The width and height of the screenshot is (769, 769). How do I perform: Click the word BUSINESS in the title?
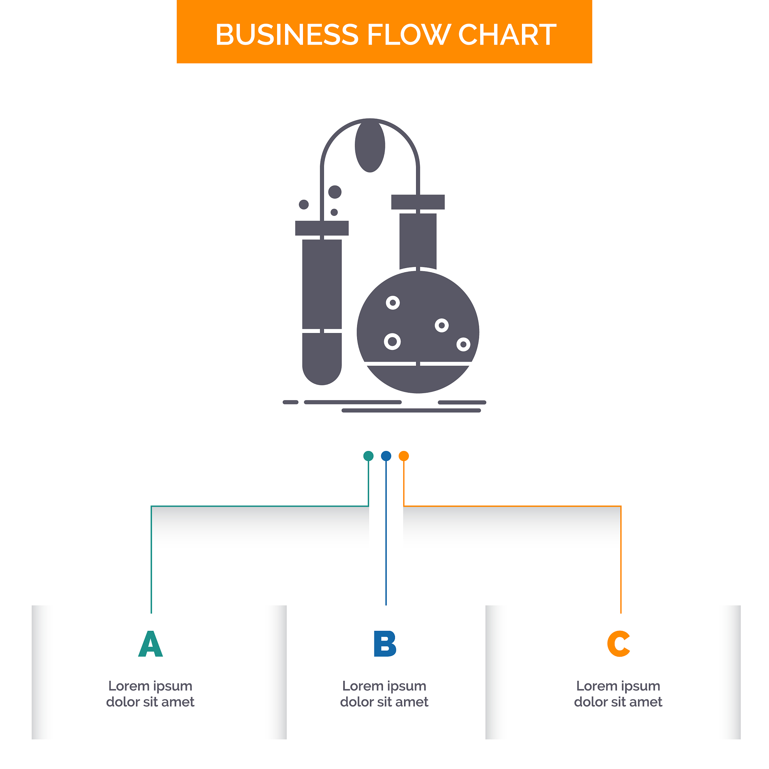pyautogui.click(x=286, y=35)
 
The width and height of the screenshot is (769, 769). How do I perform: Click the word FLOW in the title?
pyautogui.click(x=409, y=35)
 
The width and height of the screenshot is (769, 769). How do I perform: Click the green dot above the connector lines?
pyautogui.click(x=369, y=456)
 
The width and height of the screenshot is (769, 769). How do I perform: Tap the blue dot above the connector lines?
pyautogui.click(x=386, y=456)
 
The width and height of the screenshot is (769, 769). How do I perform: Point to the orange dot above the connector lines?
pyautogui.click(x=404, y=456)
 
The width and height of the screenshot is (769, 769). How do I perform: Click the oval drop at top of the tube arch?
pyautogui.click(x=370, y=146)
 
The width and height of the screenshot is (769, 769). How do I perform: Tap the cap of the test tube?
pyautogui.click(x=322, y=228)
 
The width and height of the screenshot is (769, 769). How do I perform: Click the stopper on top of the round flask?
pyautogui.click(x=418, y=202)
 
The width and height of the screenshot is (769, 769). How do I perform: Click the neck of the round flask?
pyautogui.click(x=418, y=241)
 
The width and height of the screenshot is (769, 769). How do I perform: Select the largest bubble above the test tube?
pyautogui.click(x=335, y=192)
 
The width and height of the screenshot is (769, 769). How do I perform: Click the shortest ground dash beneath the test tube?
pyautogui.click(x=291, y=402)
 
